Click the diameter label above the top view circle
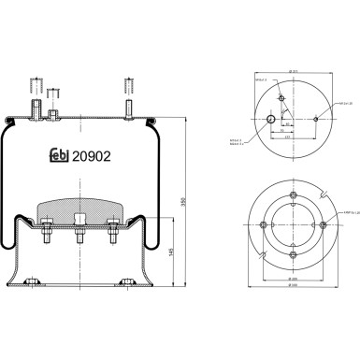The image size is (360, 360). pyautogui.click(x=293, y=71)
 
